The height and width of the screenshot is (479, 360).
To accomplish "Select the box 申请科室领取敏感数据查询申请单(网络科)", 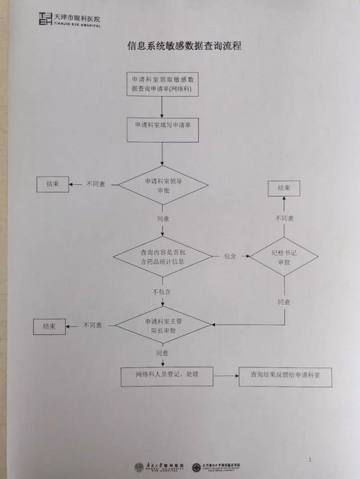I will [x=162, y=84].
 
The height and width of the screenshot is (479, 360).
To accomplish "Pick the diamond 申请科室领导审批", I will [x=163, y=186].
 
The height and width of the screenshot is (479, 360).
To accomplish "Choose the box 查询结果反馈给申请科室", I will [x=285, y=376].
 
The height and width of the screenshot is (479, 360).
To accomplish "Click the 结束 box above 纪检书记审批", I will [x=284, y=188].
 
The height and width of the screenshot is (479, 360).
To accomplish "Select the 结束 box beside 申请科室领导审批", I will [x=52, y=185].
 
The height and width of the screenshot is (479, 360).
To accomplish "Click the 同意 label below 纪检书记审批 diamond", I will [x=284, y=302].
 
